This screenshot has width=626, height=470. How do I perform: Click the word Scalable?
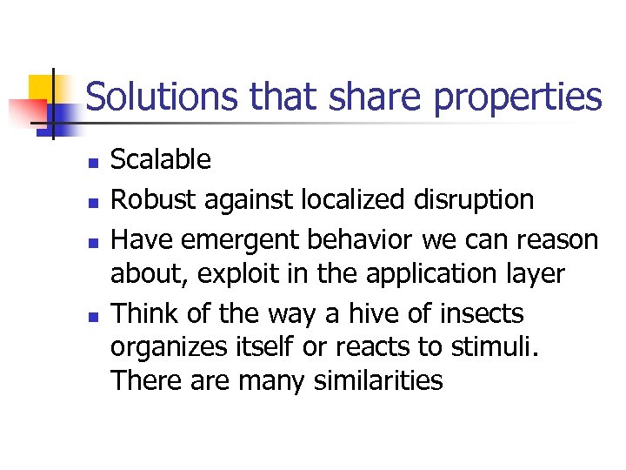161,159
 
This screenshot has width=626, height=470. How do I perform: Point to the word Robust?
149,199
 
